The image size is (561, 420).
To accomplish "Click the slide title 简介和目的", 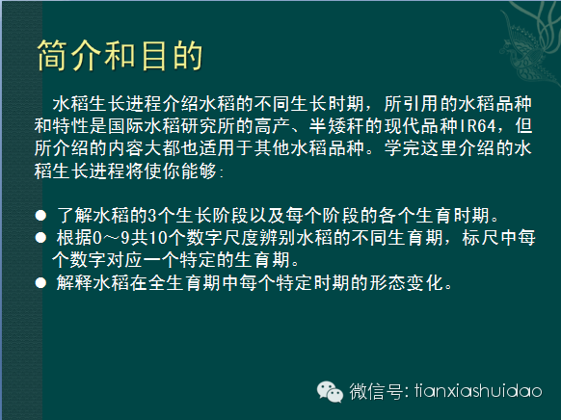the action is point(120,56).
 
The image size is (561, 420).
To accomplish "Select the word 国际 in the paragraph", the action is point(126,126).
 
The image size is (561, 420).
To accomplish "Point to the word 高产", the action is point(273,126).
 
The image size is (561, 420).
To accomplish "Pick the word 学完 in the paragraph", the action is point(402,148).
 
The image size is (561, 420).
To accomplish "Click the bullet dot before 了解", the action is point(40,216).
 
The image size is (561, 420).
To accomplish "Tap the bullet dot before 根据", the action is point(40,238).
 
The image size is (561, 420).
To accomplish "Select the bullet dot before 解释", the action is point(40,283).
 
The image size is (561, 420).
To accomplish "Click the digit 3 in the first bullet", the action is point(152,216).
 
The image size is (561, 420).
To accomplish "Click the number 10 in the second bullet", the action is point(158,238).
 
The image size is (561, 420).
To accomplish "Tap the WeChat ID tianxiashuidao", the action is point(478,390).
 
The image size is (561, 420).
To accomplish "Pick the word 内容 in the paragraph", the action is point(126,148).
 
